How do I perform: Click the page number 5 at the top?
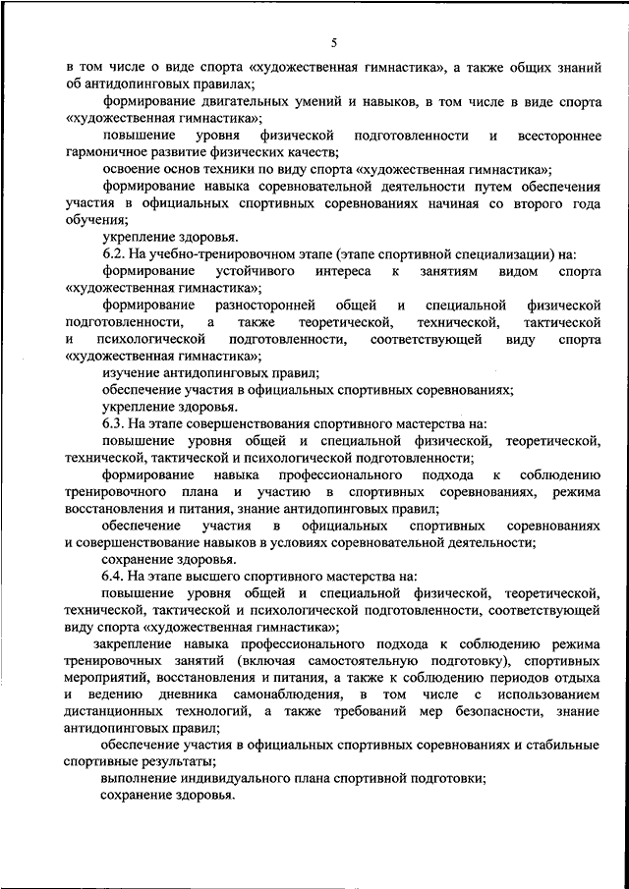(334, 42)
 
